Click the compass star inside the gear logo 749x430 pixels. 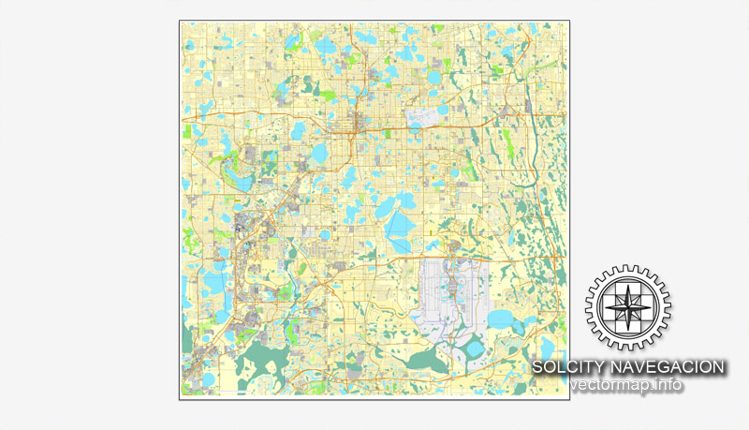pyautogui.click(x=622, y=307)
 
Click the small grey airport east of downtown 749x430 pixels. pyautogui.click(x=424, y=123)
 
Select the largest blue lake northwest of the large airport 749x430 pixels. pyautogui.click(x=400, y=226)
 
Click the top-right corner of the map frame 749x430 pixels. pyautogui.click(x=570, y=21)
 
